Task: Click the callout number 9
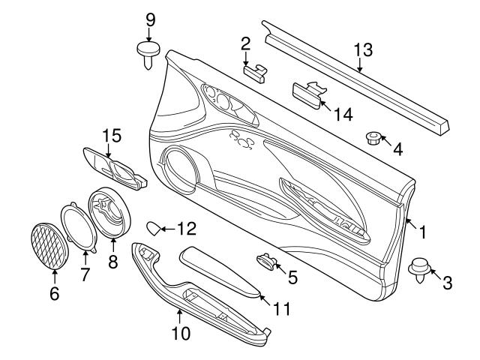(149, 18)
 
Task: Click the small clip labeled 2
(255, 71)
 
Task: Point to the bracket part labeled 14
(307, 92)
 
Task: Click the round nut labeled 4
(373, 137)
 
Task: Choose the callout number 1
(422, 232)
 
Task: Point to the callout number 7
(84, 275)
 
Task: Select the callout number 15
(111, 136)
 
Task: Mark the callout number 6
(53, 294)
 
